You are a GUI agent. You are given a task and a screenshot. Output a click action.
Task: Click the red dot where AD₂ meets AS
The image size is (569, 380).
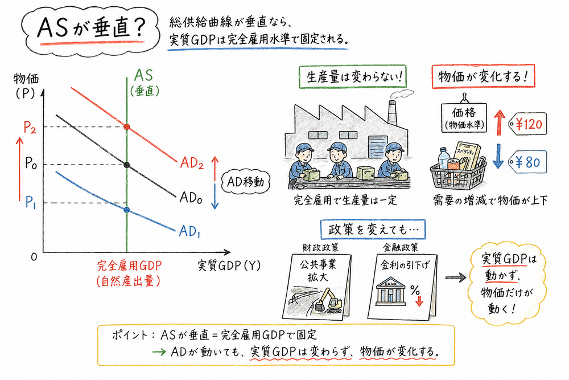click(126, 126)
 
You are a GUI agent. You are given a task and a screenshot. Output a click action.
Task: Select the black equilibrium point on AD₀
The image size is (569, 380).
click(126, 165)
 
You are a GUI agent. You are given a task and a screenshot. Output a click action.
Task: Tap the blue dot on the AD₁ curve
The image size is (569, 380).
click(126, 210)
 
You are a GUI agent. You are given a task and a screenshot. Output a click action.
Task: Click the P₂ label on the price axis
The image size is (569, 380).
click(31, 127)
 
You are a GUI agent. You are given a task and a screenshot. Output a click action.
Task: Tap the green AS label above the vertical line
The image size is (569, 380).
click(143, 76)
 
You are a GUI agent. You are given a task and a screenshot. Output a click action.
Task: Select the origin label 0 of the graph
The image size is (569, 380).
click(35, 257)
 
